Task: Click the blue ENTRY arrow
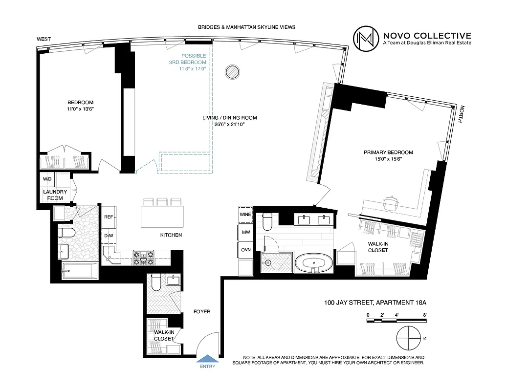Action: coord(206,359)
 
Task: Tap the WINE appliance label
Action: coord(245,214)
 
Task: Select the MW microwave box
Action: coord(245,232)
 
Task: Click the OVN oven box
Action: coord(245,249)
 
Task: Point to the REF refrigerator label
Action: coord(109,217)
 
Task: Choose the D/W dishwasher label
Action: coord(109,236)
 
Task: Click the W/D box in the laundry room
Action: coord(47,179)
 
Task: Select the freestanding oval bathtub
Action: coord(314,263)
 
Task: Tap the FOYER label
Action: coord(202,311)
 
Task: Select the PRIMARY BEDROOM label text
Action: coord(388,152)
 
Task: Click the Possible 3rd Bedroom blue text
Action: coord(194,62)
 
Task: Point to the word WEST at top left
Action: coord(44,39)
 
